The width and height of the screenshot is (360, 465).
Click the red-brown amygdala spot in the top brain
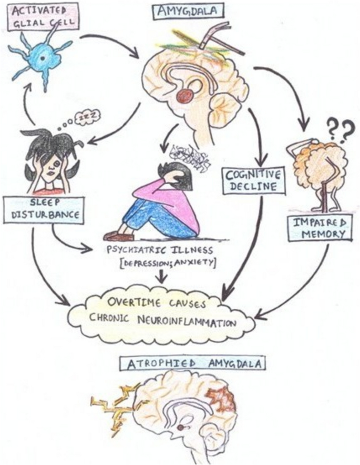point(185,96)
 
